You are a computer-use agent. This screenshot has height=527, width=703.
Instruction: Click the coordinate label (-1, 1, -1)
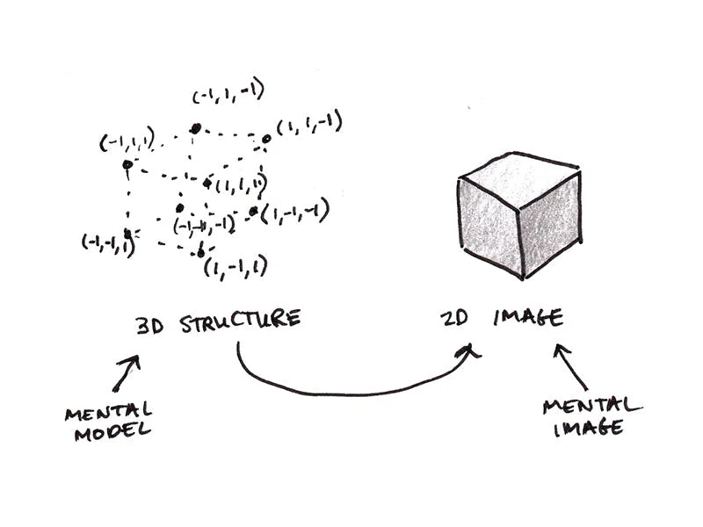(228, 93)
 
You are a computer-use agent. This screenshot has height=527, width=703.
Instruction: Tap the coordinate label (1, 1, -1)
(309, 123)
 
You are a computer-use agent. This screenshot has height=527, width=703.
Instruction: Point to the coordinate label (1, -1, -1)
(295, 211)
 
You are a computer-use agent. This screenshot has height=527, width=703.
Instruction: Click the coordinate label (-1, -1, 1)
(108, 243)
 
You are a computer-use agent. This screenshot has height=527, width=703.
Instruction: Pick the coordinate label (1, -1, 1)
(236, 268)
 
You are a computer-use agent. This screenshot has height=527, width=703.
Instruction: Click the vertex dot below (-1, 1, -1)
(195, 129)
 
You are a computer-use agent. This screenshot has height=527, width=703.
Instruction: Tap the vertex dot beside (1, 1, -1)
(266, 139)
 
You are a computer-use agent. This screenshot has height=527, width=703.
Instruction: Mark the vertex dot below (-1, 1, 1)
(127, 164)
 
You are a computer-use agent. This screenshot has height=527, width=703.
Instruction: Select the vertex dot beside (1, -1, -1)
(254, 211)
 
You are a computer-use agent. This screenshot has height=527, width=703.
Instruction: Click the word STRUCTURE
(240, 320)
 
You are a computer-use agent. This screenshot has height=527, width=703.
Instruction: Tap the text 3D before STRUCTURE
(150, 326)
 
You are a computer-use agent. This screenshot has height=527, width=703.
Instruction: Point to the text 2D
(453, 318)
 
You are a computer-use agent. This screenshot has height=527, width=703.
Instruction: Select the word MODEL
(112, 432)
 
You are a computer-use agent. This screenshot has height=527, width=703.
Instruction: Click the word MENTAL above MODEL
(109, 412)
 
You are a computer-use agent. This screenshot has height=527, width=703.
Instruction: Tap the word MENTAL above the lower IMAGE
(592, 407)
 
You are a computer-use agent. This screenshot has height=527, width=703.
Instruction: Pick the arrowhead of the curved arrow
(467, 350)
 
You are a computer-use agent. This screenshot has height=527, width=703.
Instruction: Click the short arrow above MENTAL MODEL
(126, 373)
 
